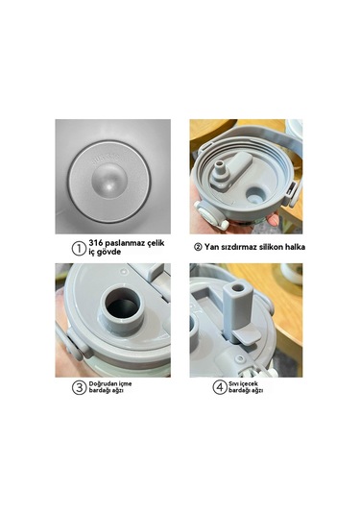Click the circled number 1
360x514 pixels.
pos(79,248)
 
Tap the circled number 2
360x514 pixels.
pos(198,247)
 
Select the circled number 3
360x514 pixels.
pos(79,387)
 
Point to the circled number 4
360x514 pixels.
pos(220,387)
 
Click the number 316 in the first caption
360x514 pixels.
pos(96,243)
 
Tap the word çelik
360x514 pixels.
pos(156,244)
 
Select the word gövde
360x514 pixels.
pos(109,252)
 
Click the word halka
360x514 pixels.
pos(295,247)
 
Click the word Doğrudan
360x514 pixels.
pos(101,384)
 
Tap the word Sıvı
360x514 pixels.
pos(233,383)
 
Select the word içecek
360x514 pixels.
pos(249,384)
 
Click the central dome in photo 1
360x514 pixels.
pos(109,181)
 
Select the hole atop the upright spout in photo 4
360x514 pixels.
pos(238,288)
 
